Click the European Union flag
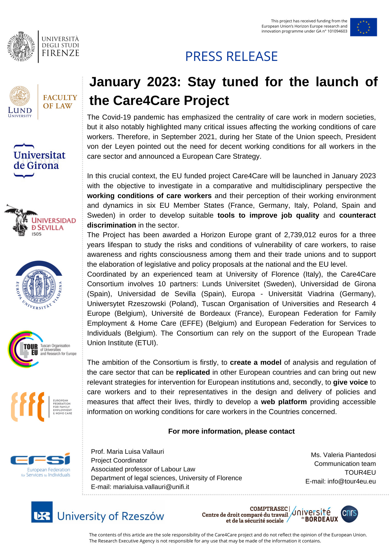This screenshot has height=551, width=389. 363,27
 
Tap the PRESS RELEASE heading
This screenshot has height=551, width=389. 231,56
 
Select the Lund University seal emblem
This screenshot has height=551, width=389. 20,96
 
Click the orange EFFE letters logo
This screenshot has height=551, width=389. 28,407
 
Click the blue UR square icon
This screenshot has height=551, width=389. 42,512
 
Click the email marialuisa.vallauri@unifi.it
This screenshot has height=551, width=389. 151,487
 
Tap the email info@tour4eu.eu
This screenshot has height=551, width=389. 351,481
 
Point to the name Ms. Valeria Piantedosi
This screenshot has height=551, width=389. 343,455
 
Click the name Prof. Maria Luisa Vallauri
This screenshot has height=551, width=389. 127,452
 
